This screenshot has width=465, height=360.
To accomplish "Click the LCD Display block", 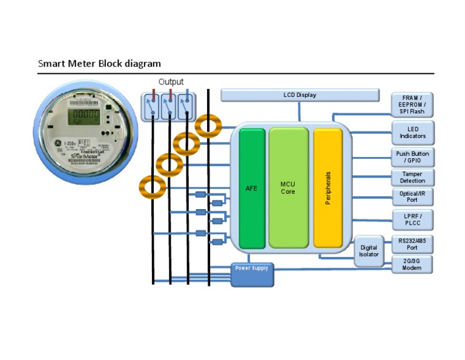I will pyautogui.click(x=300, y=95).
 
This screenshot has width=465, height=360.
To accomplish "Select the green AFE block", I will pyautogui.click(x=252, y=188).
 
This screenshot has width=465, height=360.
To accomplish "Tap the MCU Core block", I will pyautogui.click(x=288, y=188).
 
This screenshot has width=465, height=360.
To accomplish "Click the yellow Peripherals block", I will pyautogui.click(x=328, y=188).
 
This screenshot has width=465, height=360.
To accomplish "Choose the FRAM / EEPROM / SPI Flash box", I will pyautogui.click(x=412, y=105).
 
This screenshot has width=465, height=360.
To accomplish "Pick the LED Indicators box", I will pyautogui.click(x=412, y=133).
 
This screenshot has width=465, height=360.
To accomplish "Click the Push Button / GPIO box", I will pyautogui.click(x=412, y=157).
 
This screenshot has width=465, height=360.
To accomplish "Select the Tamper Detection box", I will pyautogui.click(x=412, y=177).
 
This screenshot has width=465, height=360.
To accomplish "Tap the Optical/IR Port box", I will pyautogui.click(x=412, y=196).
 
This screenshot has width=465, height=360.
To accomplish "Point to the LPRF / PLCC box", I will pyautogui.click(x=412, y=219).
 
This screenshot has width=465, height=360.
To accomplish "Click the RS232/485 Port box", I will pyautogui.click(x=412, y=244).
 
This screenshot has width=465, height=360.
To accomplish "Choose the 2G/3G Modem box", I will pyautogui.click(x=412, y=264).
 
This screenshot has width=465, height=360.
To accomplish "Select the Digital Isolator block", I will pyautogui.click(x=369, y=251).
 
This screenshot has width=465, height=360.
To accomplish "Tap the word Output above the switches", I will pyautogui.click(x=171, y=82).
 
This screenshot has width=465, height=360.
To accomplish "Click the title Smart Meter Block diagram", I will pyautogui.click(x=99, y=63).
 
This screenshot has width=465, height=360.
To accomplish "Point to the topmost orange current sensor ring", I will pyautogui.click(x=208, y=126).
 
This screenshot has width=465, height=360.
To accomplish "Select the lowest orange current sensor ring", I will pyautogui.click(x=152, y=187).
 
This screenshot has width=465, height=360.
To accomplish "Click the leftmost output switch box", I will pyautogui.click(x=151, y=106).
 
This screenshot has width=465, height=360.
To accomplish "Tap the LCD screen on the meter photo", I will pyautogui.click(x=82, y=115).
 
